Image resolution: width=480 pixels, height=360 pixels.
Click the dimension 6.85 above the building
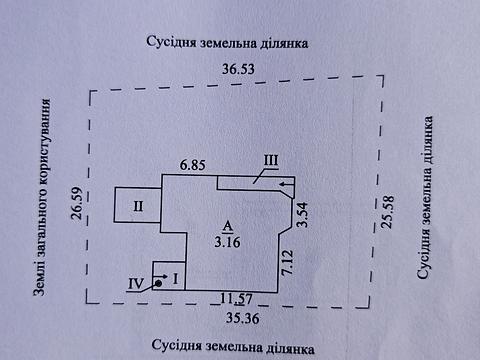pyautogui.click(x=193, y=162)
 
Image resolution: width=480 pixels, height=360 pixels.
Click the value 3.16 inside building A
pyautogui.click(x=229, y=240)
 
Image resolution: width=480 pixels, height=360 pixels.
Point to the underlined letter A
pyautogui.click(x=228, y=224)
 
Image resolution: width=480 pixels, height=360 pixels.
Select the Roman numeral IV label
pyautogui.click(x=135, y=284)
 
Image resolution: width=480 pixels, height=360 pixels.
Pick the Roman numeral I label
pyautogui.click(x=175, y=278)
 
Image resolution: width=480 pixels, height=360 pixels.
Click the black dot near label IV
pyautogui.click(x=158, y=284)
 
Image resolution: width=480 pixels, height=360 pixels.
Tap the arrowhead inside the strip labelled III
pyautogui.click(x=285, y=183)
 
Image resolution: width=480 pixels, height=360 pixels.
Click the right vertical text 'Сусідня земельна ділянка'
pyautogui.click(x=426, y=200)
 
